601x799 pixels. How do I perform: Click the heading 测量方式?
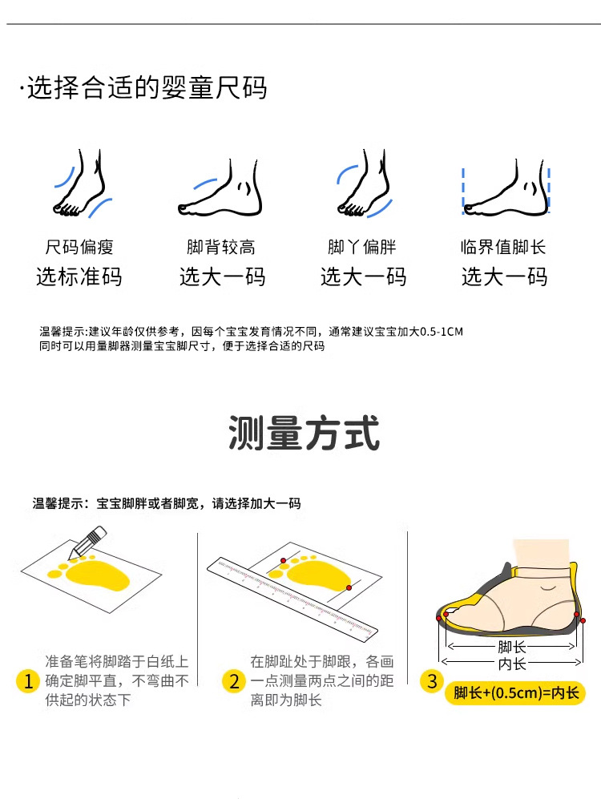(304, 433)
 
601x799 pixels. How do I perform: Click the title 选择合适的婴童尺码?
(147, 87)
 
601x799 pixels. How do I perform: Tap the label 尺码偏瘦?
(79, 247)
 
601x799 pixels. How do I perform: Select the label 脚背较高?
(220, 247)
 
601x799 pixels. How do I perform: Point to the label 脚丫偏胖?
(361, 247)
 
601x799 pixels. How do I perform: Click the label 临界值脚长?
(503, 247)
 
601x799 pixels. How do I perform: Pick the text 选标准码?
(79, 276)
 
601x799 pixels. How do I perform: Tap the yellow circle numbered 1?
(28, 680)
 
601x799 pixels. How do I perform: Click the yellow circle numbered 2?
(234, 680)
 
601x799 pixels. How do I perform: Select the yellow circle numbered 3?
(431, 681)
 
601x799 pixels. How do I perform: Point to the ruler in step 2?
(292, 598)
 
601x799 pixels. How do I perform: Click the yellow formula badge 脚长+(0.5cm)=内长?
(515, 693)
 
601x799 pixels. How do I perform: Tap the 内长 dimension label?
(512, 664)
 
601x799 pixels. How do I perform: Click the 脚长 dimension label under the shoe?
(512, 648)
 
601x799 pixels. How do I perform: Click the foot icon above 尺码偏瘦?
(82, 184)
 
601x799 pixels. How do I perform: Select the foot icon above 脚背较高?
(220, 188)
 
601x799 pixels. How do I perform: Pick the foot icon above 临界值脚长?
(506, 188)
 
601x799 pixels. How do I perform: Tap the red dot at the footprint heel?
(349, 588)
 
